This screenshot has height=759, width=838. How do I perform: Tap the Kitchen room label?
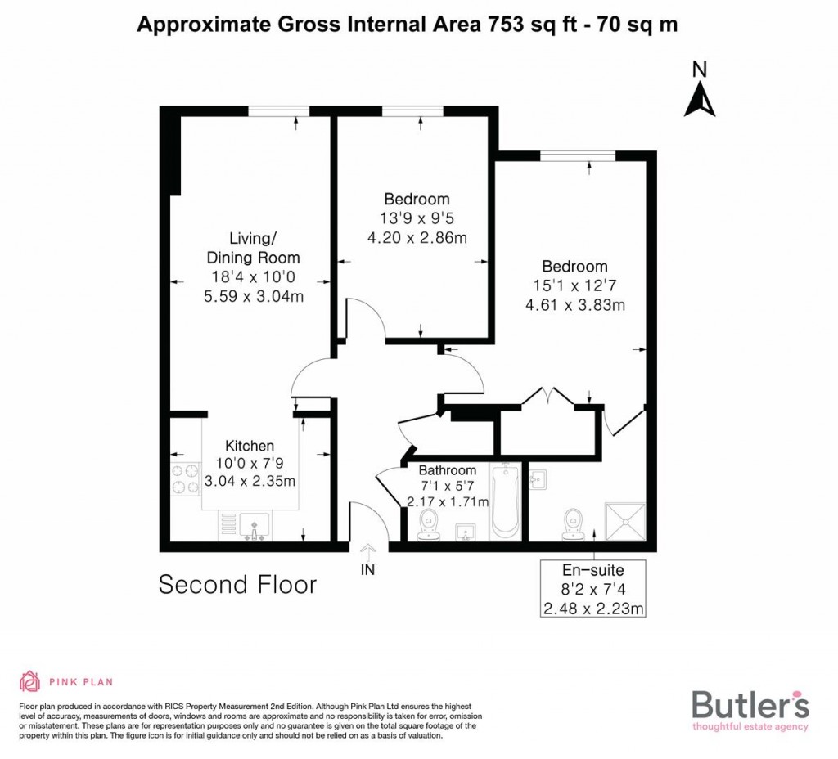coord(250,446)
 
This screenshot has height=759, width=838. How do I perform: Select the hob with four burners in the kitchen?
coord(186,479)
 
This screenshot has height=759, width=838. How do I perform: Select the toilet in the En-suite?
coord(574,523)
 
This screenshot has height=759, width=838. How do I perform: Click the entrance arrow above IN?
coord(367,552)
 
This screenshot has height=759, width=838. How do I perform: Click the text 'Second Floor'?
coord(237,585)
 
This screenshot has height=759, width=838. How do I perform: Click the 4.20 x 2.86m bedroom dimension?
coord(417,239)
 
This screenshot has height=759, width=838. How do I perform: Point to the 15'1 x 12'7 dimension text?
coord(574,286)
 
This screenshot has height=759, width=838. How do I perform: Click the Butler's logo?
coord(750,708)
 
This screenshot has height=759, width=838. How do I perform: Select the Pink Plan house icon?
coord(29,681)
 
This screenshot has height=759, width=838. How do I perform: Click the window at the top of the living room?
coord(279,111)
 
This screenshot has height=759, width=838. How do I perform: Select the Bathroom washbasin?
coord(466,532)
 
